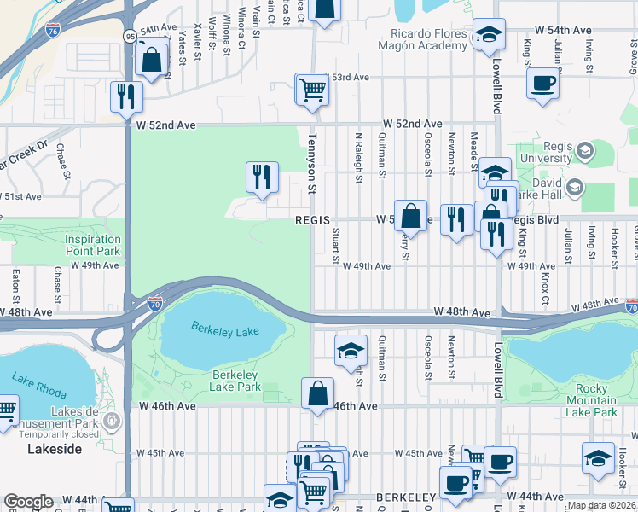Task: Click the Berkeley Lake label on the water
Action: click(x=224, y=328)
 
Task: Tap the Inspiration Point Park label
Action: click(x=93, y=245)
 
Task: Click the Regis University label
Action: click(x=546, y=152)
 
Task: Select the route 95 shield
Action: click(x=129, y=36)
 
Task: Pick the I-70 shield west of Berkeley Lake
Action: click(x=154, y=302)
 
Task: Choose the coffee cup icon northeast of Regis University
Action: click(x=543, y=84)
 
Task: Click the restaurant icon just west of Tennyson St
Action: click(x=262, y=177)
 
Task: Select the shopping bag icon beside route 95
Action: click(x=151, y=61)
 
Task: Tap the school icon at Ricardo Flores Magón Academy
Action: click(x=489, y=36)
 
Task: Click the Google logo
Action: click(x=28, y=502)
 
